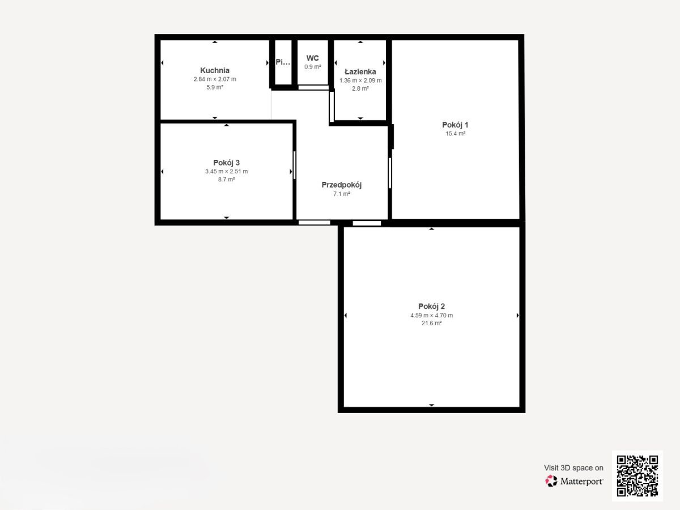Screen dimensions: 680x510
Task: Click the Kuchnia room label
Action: click(215, 70)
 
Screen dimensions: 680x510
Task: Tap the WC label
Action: click(312, 58)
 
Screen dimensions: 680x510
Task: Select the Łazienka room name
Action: click(360, 71)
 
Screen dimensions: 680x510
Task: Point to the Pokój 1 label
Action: click(455, 125)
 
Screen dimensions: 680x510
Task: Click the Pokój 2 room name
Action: click(432, 306)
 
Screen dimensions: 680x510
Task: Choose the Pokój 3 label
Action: click(227, 163)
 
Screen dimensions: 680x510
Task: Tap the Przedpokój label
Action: click(341, 185)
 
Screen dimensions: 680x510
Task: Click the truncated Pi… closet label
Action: click(283, 62)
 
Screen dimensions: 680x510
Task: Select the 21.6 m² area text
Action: click(432, 323)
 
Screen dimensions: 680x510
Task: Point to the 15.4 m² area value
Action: click(456, 134)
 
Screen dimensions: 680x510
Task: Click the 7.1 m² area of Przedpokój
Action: click(341, 194)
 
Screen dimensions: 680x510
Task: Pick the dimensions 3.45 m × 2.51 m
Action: click(227, 171)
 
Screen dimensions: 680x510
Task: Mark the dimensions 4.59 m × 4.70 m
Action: click(432, 315)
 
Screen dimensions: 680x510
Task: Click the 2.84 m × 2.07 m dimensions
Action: click(215, 79)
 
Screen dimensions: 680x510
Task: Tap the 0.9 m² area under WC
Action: click(313, 66)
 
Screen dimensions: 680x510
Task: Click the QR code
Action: click(637, 475)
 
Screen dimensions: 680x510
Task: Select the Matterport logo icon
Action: click(551, 481)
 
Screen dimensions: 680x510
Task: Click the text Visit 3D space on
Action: click(573, 467)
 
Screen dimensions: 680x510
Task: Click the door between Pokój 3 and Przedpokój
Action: click(294, 165)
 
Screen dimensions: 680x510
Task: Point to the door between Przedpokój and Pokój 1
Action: click(390, 173)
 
